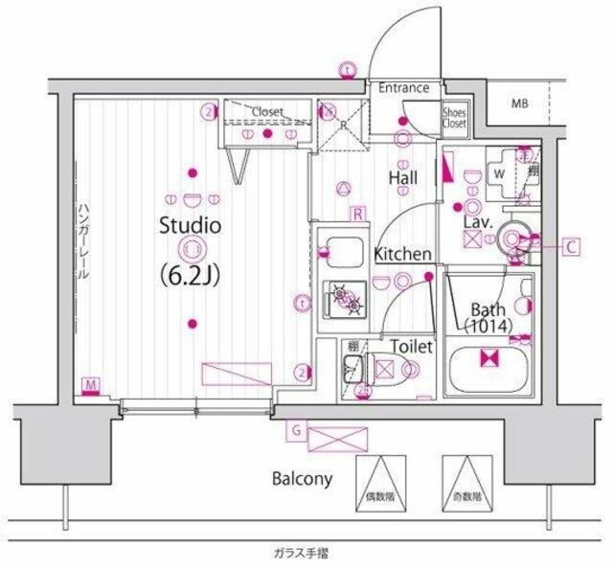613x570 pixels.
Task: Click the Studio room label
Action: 191,227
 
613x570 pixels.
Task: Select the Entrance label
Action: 403,88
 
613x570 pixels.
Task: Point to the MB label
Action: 518,103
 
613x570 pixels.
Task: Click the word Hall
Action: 402,177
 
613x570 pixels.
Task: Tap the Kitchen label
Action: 401,255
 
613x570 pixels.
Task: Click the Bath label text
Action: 489,308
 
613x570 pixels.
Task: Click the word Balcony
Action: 300,478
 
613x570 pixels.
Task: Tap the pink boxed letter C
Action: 570,247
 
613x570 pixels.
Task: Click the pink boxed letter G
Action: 297,431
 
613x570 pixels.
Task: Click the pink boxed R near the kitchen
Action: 356,213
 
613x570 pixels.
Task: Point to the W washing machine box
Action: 499,174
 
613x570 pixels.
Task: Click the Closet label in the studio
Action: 267,112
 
